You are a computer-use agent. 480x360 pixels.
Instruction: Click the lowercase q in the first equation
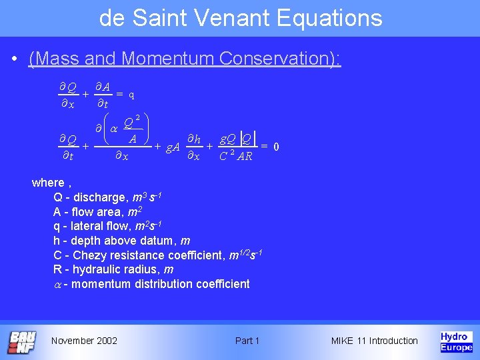132,95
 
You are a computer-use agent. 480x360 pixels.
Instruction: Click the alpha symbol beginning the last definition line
57,285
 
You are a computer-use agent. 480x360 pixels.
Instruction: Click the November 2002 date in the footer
84,341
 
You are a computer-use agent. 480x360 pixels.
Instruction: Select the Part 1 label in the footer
247,341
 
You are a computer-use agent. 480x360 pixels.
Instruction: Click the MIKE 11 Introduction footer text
374,341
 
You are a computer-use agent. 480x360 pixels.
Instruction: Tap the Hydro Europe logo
456,341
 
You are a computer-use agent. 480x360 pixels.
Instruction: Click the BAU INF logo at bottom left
22,341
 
